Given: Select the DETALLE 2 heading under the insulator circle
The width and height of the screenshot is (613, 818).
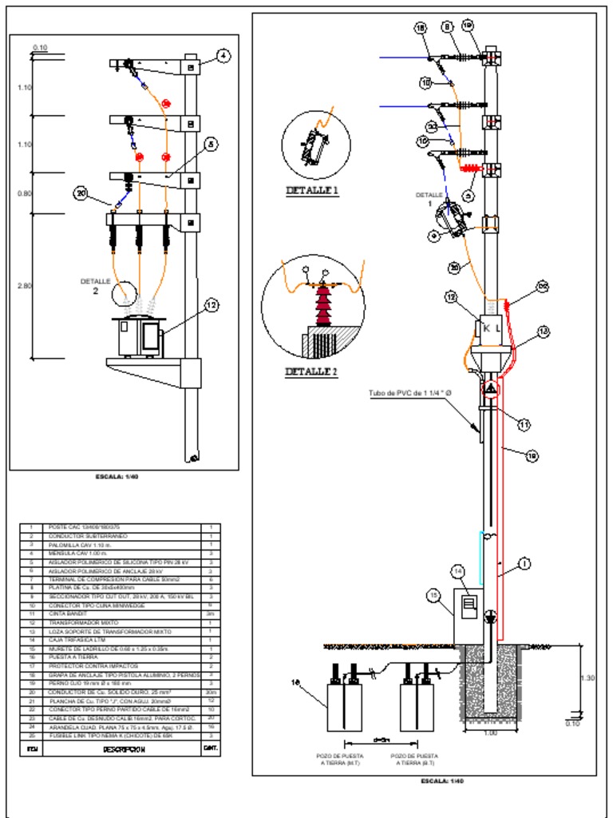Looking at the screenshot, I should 312,371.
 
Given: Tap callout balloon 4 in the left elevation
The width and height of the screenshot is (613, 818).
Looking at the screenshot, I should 223,56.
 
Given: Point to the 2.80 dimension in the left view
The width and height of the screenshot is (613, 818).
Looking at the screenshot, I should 24,285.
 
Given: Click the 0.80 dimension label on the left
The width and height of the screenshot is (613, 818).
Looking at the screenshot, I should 24,193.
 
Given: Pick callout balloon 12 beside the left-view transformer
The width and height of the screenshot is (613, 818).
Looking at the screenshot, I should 211,304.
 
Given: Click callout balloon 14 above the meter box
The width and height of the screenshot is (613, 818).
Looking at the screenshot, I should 457,571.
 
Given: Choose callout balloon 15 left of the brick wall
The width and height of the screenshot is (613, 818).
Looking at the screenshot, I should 433,595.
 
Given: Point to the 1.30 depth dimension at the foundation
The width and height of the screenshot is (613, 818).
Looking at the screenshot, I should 586,678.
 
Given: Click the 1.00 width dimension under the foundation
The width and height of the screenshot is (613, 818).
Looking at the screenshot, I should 490,733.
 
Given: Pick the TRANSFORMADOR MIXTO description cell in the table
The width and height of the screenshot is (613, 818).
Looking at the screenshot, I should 84,621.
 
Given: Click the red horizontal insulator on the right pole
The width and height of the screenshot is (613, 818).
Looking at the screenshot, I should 470,169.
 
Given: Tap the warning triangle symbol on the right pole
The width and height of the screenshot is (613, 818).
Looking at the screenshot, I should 489,389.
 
